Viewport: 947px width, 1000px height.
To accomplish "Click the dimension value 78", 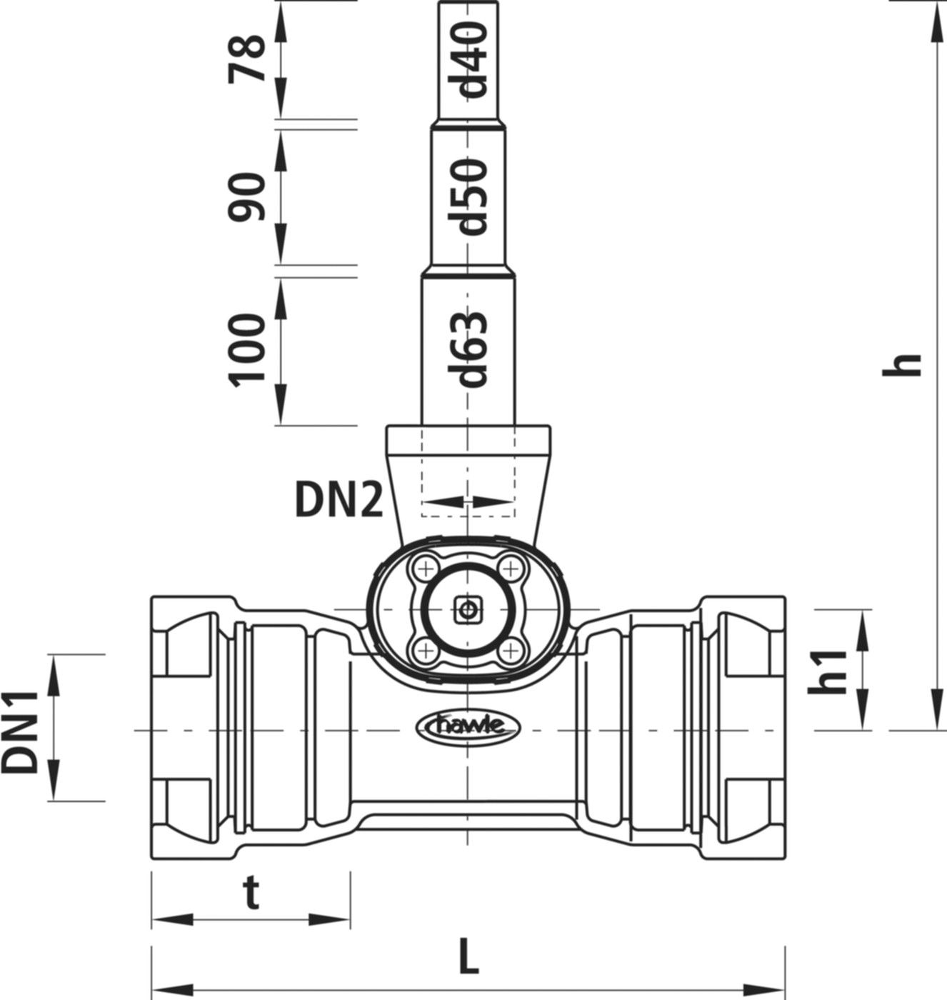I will pyautogui.click(x=247, y=61).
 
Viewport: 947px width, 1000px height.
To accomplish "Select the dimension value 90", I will pyautogui.click(x=247, y=196).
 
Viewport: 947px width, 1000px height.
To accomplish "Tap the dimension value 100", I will pyautogui.click(x=247, y=350).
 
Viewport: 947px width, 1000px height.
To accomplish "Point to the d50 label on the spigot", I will pyautogui.click(x=472, y=196).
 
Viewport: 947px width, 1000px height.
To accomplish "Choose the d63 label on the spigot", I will pyautogui.click(x=472, y=349).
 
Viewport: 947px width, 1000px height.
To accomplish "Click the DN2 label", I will pyautogui.click(x=339, y=502).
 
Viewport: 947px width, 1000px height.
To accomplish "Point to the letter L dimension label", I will pyautogui.click(x=468, y=961).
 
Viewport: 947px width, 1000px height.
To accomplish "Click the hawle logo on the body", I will pyautogui.click(x=468, y=726).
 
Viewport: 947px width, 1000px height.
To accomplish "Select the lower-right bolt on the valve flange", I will pyautogui.click(x=509, y=651).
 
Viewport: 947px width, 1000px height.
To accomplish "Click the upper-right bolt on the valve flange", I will pyautogui.click(x=509, y=569).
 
